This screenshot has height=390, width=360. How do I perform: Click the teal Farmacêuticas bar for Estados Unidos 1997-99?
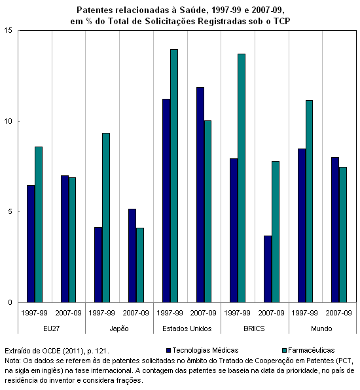tap(174, 176)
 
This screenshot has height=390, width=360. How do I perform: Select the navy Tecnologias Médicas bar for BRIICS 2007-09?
tap(268, 269)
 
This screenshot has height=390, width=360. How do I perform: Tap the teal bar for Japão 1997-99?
tap(106, 218)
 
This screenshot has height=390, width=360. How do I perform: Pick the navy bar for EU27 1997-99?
tap(31, 243)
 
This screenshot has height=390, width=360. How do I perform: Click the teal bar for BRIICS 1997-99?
tap(242, 178)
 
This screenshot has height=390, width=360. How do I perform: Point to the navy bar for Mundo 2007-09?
tap(335, 230)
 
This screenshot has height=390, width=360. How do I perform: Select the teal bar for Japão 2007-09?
tap(140, 265)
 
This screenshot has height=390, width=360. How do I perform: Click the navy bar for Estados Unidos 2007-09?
tap(200, 195)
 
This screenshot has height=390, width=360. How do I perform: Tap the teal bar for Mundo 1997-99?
tap(309, 202)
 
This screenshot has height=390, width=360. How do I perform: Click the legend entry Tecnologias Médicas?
tap(202, 350)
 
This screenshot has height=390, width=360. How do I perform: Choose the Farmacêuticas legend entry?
tap(308, 350)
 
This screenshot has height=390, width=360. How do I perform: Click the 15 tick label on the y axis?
tap(9, 30)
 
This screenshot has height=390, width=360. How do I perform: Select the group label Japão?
tap(119, 328)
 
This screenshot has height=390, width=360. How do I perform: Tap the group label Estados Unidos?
tap(187, 328)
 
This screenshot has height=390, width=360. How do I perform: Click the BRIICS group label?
tap(254, 328)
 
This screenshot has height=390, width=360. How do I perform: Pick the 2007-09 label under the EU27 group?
tap(69, 313)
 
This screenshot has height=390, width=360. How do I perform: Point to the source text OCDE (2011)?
tap(63, 351)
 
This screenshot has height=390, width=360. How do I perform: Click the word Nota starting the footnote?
tap(12, 361)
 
